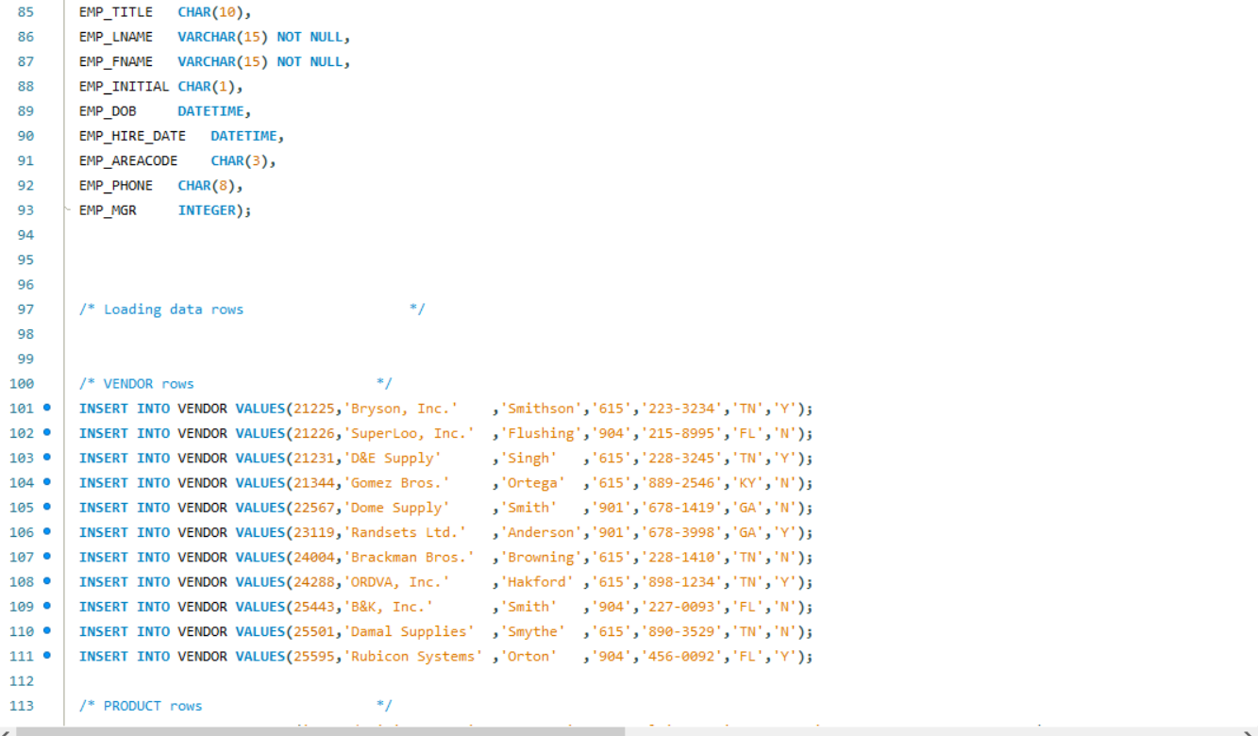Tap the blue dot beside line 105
click(x=47, y=507)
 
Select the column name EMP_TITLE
click(x=115, y=12)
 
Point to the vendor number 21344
click(x=313, y=483)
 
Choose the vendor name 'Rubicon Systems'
click(x=412, y=657)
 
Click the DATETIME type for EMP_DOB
click(x=210, y=111)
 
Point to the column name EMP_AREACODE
click(x=127, y=160)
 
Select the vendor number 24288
click(x=313, y=582)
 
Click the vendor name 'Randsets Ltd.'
click(x=404, y=532)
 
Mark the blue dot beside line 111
click(x=47, y=656)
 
